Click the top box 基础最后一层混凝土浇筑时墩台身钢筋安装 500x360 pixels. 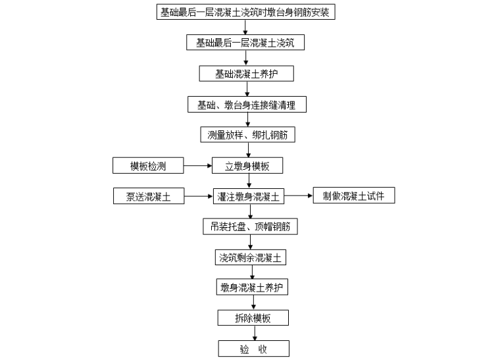click(245, 12)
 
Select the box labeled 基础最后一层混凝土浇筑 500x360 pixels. click(245, 43)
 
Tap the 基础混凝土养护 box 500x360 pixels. click(246, 73)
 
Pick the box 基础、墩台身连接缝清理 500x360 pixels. click(246, 104)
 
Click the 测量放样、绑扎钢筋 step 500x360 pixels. click(247, 135)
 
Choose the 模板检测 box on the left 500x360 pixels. click(147, 165)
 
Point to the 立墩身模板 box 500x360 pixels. click(246, 166)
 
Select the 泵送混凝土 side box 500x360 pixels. click(147, 196)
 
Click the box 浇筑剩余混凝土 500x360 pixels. click(251, 257)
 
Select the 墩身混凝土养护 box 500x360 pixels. click(253, 288)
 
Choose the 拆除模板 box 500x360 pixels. click(253, 318)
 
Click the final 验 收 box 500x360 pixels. click(253, 349)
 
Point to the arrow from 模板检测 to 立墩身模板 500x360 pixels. click(197, 166)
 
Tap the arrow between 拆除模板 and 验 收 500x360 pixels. click(253, 333)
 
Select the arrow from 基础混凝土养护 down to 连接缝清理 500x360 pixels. click(246, 89)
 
